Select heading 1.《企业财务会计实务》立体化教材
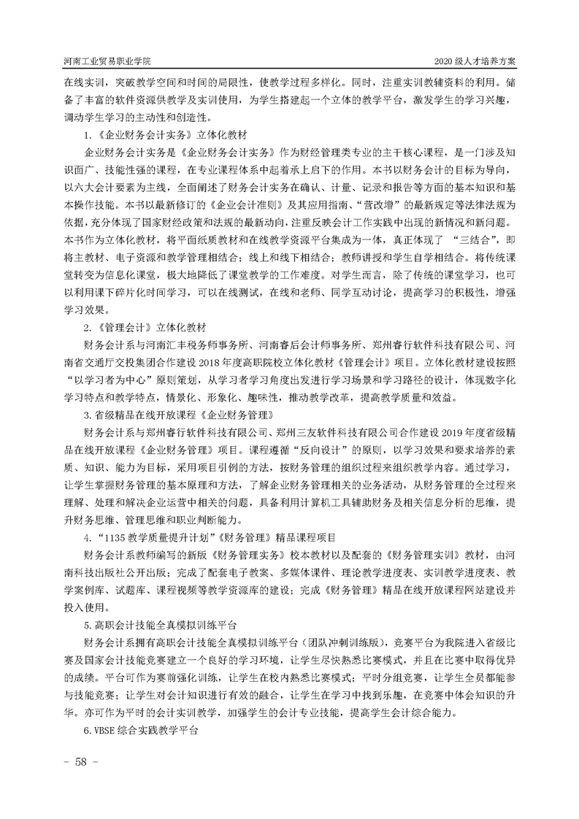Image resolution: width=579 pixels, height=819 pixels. click(x=168, y=135)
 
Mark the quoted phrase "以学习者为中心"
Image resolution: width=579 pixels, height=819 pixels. click(x=121, y=380)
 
